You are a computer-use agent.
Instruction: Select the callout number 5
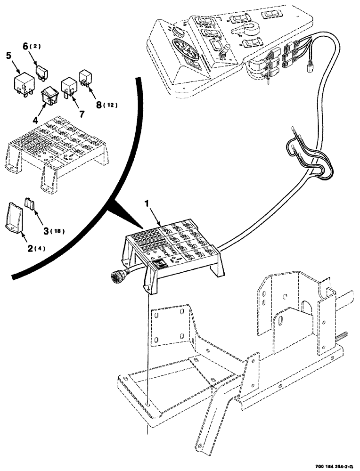click(x=8, y=55)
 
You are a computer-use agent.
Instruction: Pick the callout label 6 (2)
click(x=30, y=46)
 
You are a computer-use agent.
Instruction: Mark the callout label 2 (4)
click(x=33, y=248)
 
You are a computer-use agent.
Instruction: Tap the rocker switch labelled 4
click(x=49, y=96)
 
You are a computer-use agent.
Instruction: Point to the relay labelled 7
click(x=69, y=88)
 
